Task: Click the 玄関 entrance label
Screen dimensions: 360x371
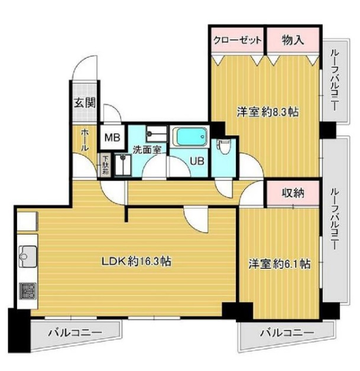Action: point(85,103)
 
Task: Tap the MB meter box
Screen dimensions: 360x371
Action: point(112,137)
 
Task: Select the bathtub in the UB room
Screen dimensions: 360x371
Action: point(190,137)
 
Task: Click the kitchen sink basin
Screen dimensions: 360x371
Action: point(28,256)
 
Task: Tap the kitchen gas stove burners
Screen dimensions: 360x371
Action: point(28,291)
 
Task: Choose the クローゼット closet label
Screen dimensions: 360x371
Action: point(238,40)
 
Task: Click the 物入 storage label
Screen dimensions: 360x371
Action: point(293,40)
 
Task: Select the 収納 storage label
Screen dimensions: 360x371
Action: point(293,193)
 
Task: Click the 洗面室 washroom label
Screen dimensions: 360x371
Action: point(147,150)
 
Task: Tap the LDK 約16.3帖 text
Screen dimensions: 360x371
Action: point(137,262)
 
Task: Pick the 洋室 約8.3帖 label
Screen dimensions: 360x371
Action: point(268,112)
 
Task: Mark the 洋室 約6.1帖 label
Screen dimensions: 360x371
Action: point(279,264)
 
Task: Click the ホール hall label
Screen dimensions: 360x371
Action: point(85,140)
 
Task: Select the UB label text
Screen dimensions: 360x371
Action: point(197,161)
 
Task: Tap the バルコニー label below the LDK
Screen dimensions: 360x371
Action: point(76,333)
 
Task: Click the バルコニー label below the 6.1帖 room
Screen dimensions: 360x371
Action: point(287,333)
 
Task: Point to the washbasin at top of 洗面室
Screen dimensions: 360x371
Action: point(157,134)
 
